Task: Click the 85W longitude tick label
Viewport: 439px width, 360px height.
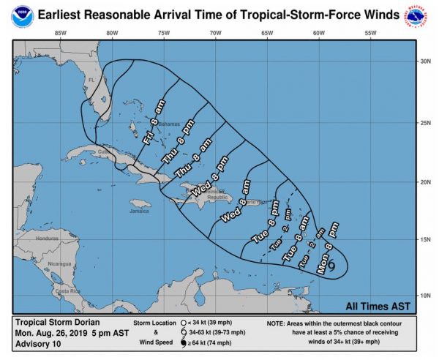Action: [61, 33]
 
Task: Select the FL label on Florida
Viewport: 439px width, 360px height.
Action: [92, 80]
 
